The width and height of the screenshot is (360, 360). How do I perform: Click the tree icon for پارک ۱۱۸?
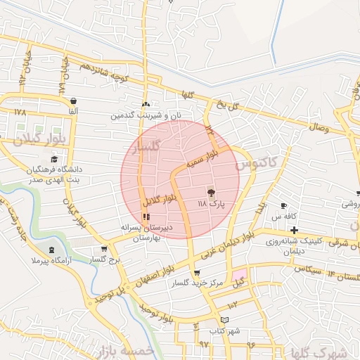click(210, 191)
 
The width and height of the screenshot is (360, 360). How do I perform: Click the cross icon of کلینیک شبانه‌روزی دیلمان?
click(294, 230)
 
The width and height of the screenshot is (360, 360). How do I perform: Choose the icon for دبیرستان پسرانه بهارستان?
click(146, 216)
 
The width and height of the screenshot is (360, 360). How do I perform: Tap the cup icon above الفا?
click(73, 101)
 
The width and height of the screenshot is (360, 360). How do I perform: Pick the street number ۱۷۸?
click(19, 112)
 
